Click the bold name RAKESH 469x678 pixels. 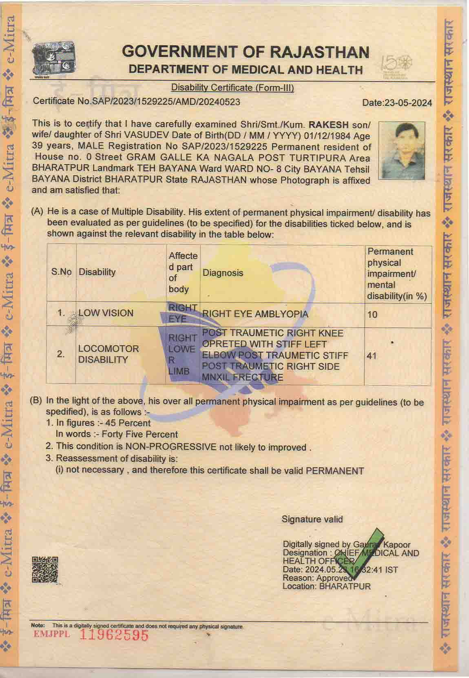329,125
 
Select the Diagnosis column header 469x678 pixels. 223,272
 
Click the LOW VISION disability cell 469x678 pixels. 106,313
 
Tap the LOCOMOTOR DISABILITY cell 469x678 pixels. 108,354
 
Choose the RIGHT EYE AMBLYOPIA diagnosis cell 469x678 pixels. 255,314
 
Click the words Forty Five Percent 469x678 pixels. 139,434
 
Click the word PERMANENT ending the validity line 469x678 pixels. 334,471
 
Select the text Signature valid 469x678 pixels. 312,519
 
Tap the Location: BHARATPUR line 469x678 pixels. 327,586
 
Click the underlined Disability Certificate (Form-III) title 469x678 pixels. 232,87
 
